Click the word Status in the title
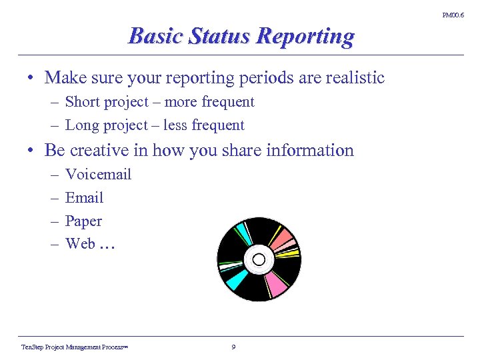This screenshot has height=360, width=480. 213,35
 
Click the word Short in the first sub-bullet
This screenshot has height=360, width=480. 83,102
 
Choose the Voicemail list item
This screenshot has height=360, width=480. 98,175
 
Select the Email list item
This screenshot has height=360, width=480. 84,198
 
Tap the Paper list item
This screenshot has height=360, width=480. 83,221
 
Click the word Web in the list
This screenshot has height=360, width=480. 80,244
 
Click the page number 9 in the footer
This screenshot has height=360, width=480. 233,347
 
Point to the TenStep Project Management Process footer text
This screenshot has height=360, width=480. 74,347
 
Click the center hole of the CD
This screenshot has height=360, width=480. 259,259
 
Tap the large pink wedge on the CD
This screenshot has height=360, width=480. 275,283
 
